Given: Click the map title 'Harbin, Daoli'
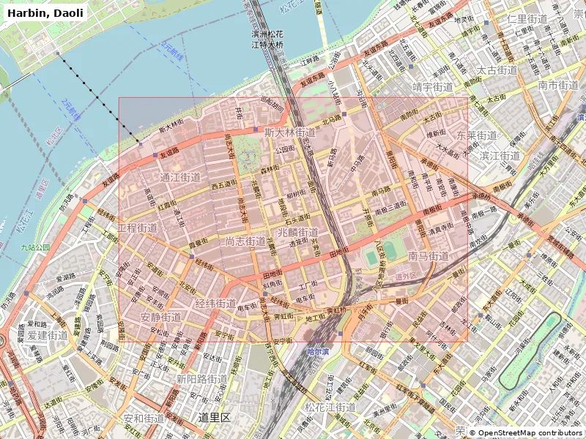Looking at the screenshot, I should click(x=45, y=12).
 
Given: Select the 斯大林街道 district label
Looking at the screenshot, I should click(x=290, y=132).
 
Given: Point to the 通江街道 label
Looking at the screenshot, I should click(x=180, y=177).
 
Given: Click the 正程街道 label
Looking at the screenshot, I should click(x=137, y=228).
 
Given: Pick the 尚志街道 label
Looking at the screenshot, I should click(x=245, y=241).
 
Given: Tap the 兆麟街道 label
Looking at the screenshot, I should click(x=298, y=232).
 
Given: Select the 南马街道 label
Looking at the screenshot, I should click(x=429, y=256).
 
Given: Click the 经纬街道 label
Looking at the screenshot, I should click(x=215, y=303).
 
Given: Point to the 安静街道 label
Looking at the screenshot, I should click(x=160, y=317).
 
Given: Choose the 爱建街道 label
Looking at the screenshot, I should click(x=48, y=334).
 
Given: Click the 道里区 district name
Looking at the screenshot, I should click(x=215, y=417).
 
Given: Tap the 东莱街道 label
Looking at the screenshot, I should click(x=477, y=135).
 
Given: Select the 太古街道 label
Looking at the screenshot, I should click(x=497, y=70).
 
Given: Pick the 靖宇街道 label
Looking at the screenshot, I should click(x=433, y=86).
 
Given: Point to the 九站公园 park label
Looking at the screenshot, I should click(x=35, y=247).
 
